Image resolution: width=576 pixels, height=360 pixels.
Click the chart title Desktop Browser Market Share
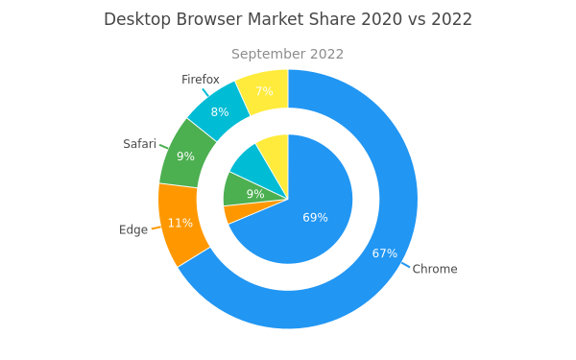(229, 19)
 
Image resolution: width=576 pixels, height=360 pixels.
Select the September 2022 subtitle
(287, 54)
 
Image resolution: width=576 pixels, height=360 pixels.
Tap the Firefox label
(201, 80)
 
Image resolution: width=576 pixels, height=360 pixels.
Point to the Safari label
(139, 144)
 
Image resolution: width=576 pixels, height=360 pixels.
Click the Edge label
(133, 229)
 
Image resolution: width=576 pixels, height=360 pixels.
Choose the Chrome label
(435, 269)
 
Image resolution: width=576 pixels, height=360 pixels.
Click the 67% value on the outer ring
(385, 253)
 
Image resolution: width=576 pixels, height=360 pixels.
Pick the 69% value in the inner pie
(315, 218)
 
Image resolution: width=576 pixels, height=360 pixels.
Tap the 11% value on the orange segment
(180, 223)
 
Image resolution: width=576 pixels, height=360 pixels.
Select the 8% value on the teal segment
(220, 112)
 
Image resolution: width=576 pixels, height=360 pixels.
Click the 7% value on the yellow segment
(264, 91)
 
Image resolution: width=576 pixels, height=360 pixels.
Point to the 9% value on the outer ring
(185, 156)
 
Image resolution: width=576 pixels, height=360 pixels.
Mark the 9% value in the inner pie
(255, 194)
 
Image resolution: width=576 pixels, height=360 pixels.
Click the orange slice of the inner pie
(239, 213)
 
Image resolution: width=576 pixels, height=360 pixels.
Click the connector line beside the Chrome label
(405, 265)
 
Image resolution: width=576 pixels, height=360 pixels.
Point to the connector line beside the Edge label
(156, 228)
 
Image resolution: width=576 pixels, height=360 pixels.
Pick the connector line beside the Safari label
(164, 147)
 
